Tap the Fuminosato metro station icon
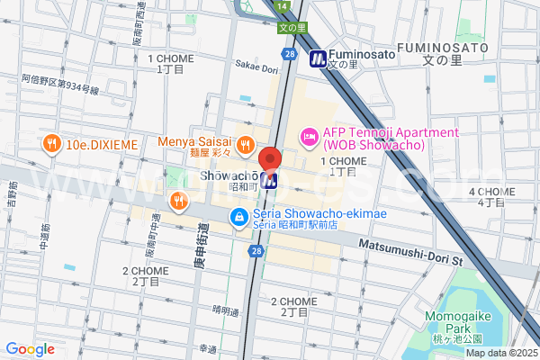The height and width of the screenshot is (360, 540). (318, 59)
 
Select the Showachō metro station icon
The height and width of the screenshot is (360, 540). (269, 180)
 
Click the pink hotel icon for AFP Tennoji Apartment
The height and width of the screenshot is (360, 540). (308, 138)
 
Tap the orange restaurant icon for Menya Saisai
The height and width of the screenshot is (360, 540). (244, 142)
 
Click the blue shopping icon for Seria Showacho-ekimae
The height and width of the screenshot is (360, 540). (238, 216)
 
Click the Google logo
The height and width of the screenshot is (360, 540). (30, 349)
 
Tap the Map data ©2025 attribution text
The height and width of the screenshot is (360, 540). (499, 353)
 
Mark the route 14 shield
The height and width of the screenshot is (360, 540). (283, 6)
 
